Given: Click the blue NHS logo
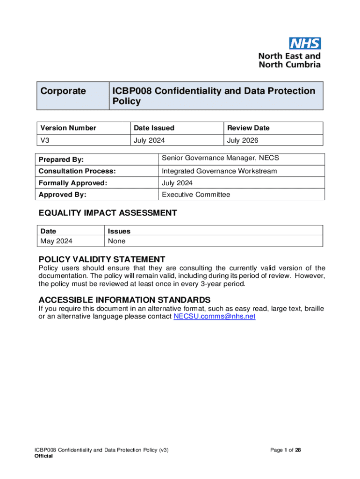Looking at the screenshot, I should pyautogui.click(x=305, y=44).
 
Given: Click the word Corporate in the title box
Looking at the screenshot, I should pyautogui.click(x=63, y=91).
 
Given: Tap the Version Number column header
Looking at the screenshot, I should pyautogui.click(x=68, y=128).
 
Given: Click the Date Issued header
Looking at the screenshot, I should pyautogui.click(x=154, y=128).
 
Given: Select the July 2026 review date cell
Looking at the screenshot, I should pyautogui.click(x=242, y=140).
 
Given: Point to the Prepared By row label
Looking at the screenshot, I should pyautogui.click(x=61, y=160).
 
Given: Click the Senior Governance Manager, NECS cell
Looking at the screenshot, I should pyautogui.click(x=220, y=158).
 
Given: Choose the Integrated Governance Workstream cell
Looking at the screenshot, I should pyautogui.click(x=219, y=171).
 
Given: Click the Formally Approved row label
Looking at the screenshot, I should pyautogui.click(x=73, y=183).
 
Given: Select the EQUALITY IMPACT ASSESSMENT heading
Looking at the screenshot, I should pyautogui.click(x=108, y=213).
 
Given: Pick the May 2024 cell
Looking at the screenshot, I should pyautogui.click(x=57, y=241).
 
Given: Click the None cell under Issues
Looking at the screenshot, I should pyautogui.click(x=116, y=241).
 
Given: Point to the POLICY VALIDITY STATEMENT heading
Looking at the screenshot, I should pyautogui.click(x=102, y=259).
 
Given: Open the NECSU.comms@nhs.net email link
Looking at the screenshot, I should pyautogui.click(x=214, y=317).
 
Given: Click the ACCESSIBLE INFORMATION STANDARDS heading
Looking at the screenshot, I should pyautogui.click(x=124, y=300).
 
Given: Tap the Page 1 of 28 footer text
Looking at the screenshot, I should pyautogui.click(x=285, y=450).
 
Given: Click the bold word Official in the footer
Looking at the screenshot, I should pyautogui.click(x=43, y=457).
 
